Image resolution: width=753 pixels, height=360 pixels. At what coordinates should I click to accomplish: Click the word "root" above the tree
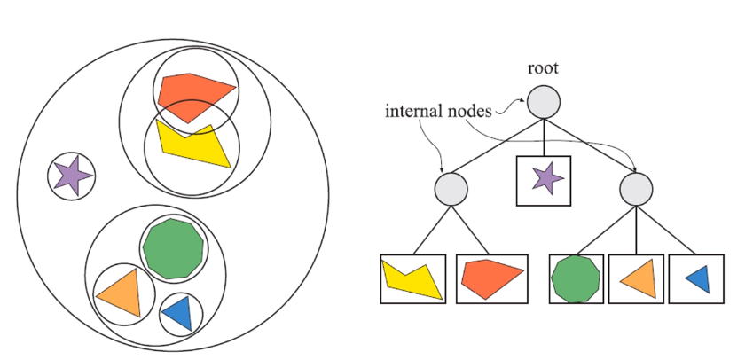click(542, 68)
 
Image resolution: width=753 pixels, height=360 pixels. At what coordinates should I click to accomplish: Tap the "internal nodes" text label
click(435, 113)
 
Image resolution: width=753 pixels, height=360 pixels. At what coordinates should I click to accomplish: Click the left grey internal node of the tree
click(451, 188)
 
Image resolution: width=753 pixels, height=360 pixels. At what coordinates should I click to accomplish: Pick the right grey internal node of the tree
click(636, 188)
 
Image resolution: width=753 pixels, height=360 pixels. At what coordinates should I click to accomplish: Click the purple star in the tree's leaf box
click(543, 178)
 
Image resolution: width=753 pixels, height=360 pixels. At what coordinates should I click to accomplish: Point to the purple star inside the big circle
click(71, 176)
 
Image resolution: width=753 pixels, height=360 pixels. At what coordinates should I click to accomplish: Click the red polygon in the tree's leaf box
click(490, 278)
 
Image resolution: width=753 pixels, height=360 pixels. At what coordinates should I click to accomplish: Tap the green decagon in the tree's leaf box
click(577, 278)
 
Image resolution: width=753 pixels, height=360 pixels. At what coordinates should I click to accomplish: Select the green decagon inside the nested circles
click(173, 249)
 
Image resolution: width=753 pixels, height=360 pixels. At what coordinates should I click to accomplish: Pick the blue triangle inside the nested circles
click(178, 313)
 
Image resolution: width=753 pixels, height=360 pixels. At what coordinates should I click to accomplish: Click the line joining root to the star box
click(543, 137)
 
